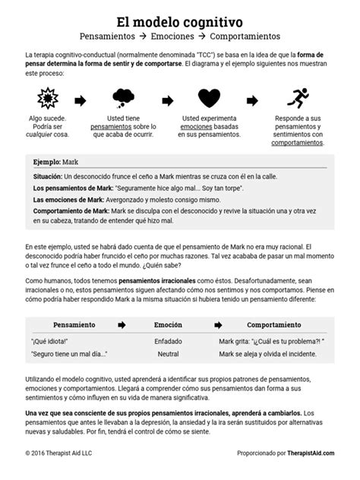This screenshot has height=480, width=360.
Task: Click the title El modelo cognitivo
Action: pos(180,17)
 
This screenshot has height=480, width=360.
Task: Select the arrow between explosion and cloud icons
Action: pos(81,99)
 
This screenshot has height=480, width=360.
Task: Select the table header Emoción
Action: pos(168,324)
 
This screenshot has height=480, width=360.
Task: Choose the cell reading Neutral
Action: pos(168,354)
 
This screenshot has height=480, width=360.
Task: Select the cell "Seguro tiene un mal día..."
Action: pos(69,354)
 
